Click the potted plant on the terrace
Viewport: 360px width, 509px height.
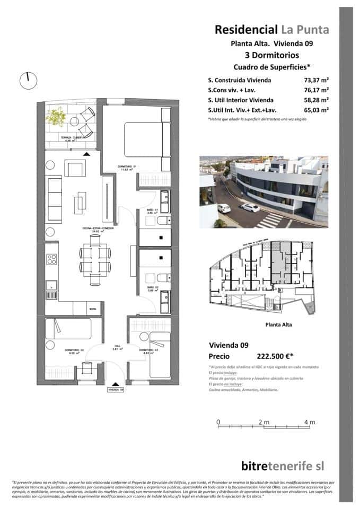[56, 115]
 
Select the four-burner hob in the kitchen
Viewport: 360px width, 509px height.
[52, 259]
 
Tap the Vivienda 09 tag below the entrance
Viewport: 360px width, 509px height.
[115, 389]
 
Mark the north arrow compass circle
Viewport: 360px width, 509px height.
[28, 81]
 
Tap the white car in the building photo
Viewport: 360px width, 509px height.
[250, 207]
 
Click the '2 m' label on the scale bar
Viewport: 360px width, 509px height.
[264, 422]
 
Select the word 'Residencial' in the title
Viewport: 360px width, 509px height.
[245, 30]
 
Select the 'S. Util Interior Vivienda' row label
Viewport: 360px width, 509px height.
[241, 100]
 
